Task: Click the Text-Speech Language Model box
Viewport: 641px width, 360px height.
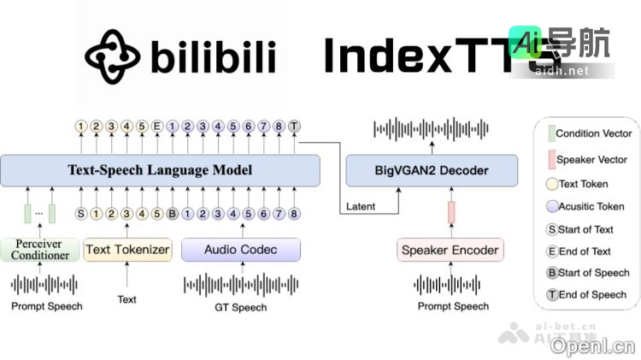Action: [x=160, y=170]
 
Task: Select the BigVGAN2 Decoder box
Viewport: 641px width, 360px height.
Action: [x=431, y=170]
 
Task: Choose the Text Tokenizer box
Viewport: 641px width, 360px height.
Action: [x=127, y=250]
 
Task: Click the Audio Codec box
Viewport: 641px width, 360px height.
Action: [x=241, y=250]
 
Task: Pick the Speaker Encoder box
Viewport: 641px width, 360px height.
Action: [x=450, y=250]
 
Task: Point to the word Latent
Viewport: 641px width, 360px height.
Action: [x=362, y=206]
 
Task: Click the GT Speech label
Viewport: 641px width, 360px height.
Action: [x=241, y=306]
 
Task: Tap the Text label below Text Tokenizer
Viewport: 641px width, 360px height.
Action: [x=126, y=299]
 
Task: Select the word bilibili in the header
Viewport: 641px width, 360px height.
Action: [x=214, y=57]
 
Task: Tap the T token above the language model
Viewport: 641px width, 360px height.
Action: [x=294, y=127]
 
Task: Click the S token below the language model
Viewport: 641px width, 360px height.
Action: [x=81, y=213]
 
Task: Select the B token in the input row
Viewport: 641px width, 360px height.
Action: [x=172, y=213]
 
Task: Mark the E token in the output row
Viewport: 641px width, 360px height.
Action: [x=157, y=127]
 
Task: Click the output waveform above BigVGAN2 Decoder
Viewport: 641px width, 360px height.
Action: [x=431, y=128]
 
